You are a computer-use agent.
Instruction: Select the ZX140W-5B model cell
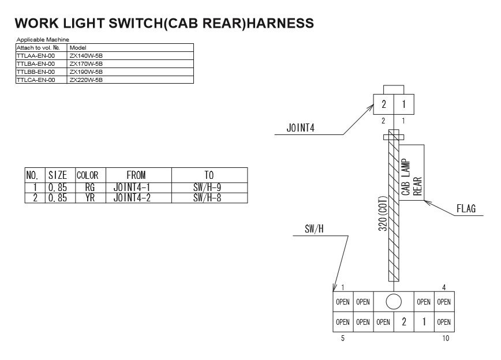click(x=86, y=55)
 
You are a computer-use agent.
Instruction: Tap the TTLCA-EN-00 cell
click(x=36, y=80)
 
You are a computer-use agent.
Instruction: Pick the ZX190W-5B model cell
click(x=86, y=72)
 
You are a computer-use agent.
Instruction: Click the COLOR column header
click(x=87, y=175)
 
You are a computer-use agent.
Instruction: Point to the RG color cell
click(x=89, y=187)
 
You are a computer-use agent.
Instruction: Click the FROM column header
click(x=136, y=175)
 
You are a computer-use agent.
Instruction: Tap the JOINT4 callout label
click(x=301, y=128)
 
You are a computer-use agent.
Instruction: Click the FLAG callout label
click(x=466, y=209)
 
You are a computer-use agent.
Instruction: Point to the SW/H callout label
click(x=314, y=228)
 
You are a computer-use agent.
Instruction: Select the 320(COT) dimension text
click(x=382, y=212)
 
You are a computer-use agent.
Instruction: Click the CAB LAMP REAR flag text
click(x=412, y=177)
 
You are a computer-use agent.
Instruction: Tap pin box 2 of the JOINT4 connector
click(x=384, y=104)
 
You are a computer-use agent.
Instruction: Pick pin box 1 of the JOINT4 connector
click(x=403, y=104)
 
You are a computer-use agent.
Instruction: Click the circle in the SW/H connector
click(x=394, y=301)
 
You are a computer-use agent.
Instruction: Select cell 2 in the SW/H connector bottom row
click(x=403, y=321)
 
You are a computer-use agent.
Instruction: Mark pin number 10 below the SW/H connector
click(x=445, y=339)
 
